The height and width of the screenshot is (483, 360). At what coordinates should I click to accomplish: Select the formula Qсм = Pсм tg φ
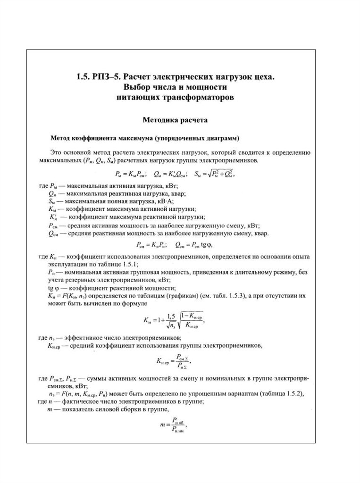(193, 245)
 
